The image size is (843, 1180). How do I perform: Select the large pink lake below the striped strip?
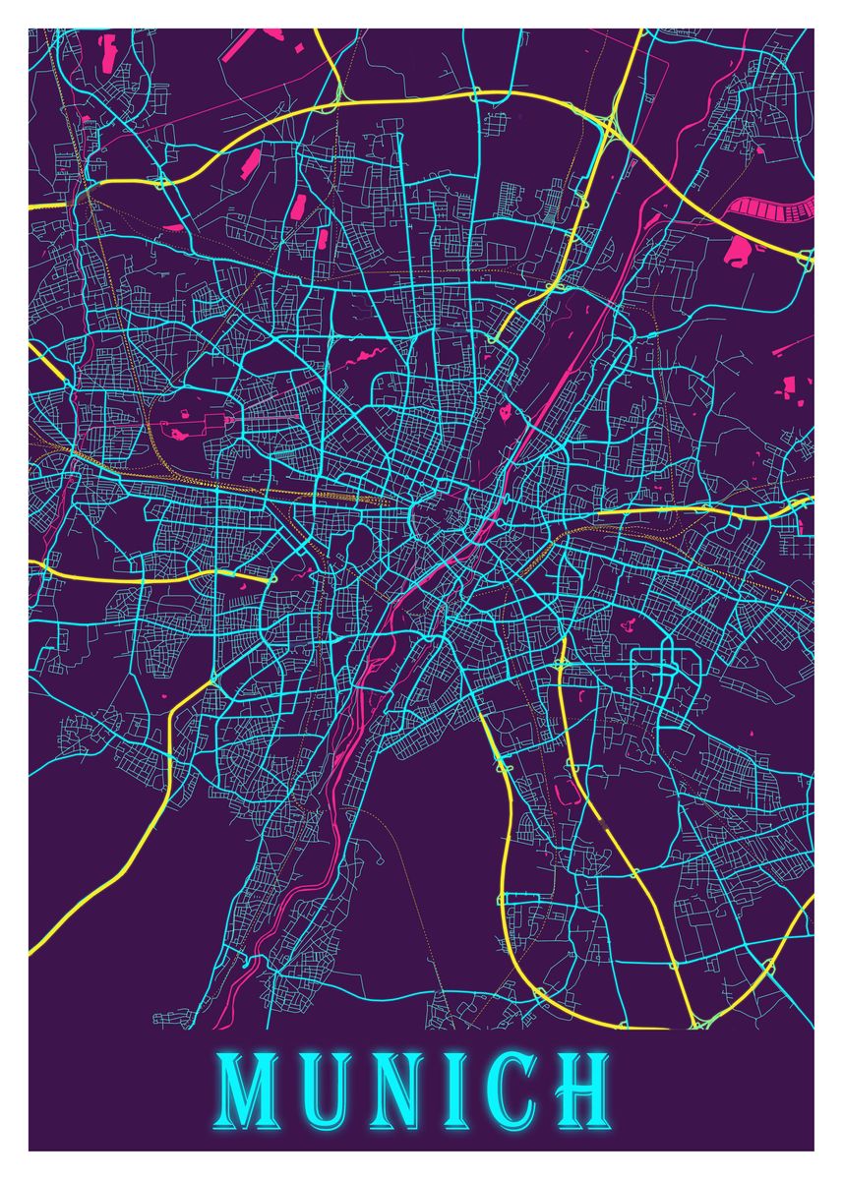[739, 252]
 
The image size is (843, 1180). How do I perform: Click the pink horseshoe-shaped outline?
[565, 791]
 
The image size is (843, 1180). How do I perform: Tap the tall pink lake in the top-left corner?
[107, 46]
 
